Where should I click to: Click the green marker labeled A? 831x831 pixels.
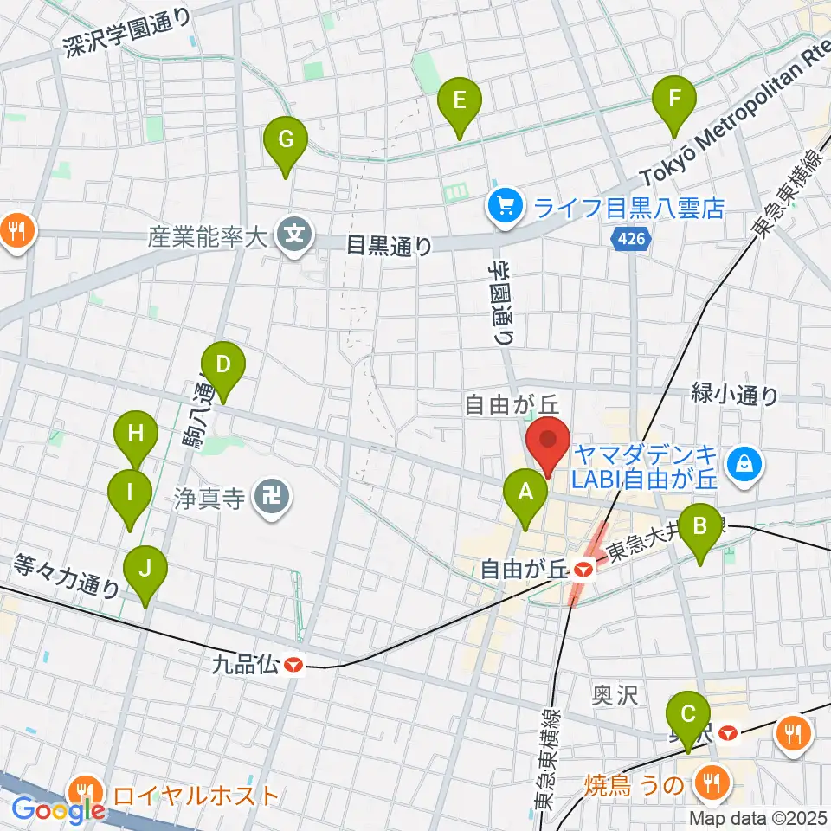[x=525, y=493]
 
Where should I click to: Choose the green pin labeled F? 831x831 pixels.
[x=674, y=99]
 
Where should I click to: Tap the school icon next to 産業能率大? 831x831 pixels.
[x=294, y=234]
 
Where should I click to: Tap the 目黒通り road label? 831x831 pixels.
[x=389, y=246]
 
